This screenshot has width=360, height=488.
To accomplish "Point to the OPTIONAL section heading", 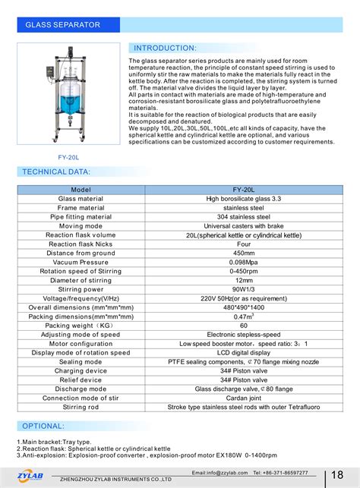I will pos(43,427).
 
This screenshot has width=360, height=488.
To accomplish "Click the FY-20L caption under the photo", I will pos(70,158).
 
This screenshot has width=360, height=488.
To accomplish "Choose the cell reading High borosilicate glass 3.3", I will pos(243,197).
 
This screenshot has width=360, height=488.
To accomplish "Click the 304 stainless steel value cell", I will pos(243,216).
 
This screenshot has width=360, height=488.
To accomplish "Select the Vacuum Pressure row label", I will pos(80,262).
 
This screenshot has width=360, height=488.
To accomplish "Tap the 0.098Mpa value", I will pos(243,262).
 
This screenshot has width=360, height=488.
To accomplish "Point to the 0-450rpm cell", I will pos(243,271).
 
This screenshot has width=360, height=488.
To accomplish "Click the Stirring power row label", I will pos(80,289).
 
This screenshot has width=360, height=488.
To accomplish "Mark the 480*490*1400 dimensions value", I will pos(243,307).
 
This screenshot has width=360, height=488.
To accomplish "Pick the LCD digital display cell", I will pos(243,353).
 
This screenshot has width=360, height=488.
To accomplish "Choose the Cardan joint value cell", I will pos(243,398).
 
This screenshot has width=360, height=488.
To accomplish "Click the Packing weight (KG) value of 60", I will pos(243,326).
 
